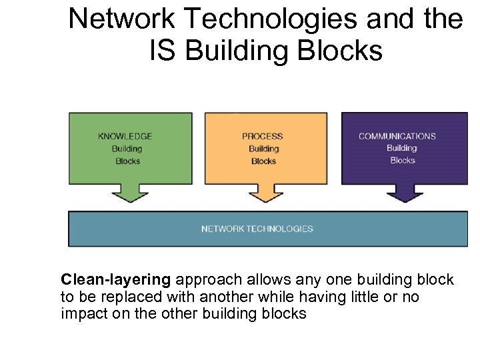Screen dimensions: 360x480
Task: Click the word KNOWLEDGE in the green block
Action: tap(125, 137)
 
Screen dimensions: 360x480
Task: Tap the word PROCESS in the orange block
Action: tap(263, 137)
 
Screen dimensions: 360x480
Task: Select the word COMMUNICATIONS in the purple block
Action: tap(397, 137)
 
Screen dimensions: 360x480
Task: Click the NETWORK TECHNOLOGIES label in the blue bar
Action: tap(257, 229)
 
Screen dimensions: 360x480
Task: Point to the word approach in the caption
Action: tap(203, 279)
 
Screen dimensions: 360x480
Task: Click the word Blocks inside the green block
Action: tap(127, 161)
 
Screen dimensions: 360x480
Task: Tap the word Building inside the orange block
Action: tap(263, 149)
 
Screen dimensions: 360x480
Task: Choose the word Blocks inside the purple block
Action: tap(402, 160)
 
